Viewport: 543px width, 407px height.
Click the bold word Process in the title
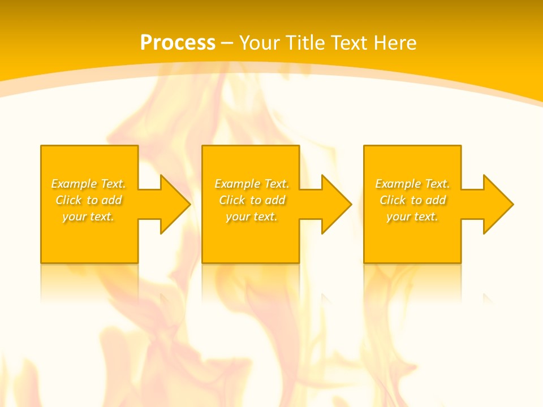178,43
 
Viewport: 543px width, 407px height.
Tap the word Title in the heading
305,43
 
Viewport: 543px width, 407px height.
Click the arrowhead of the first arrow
175,204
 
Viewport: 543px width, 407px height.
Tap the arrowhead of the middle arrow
336,204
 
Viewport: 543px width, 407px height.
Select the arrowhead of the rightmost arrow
497,204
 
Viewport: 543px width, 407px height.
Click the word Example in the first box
74,184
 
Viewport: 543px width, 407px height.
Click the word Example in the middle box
237,184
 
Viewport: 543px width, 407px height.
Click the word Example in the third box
398,184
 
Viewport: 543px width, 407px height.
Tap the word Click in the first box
68,200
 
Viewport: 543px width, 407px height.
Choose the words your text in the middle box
251,217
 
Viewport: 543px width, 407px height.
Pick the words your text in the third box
412,217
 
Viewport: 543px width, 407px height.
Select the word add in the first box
111,200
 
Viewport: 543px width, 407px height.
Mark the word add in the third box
436,200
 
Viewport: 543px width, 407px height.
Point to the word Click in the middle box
231,200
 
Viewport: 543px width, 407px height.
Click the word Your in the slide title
258,43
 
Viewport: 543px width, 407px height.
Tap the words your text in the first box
88,217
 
